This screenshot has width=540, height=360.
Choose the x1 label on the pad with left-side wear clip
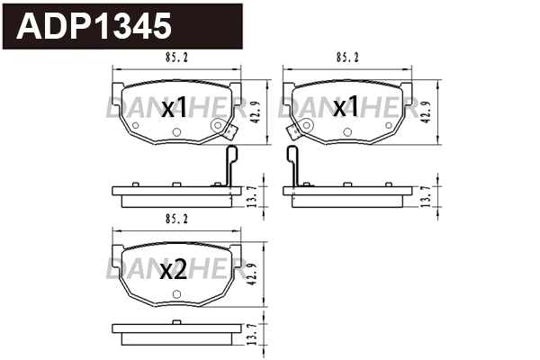click(x=346, y=108)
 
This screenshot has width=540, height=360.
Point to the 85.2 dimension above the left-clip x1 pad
click(x=348, y=58)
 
